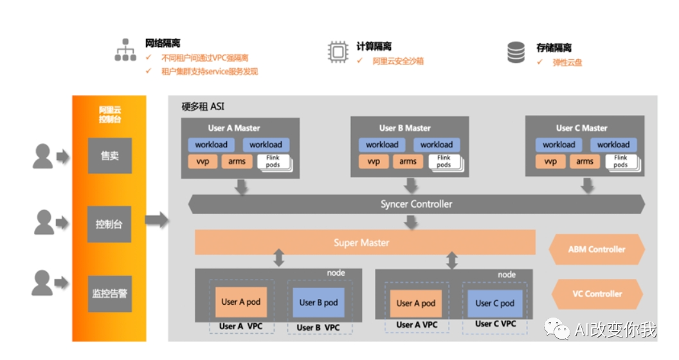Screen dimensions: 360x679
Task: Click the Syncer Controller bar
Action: coord(416,204)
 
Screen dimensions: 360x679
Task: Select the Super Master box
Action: coord(365,242)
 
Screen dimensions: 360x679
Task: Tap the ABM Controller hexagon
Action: coord(597,249)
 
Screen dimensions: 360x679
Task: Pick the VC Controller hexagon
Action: coord(597,294)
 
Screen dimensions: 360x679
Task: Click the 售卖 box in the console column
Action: coord(109,156)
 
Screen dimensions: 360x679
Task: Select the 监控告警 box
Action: coord(109,294)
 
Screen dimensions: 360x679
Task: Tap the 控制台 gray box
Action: coord(109,224)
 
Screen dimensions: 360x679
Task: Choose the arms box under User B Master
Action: coord(408,161)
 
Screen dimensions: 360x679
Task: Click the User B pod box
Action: coord(319,302)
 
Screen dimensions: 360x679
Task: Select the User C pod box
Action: coord(494,303)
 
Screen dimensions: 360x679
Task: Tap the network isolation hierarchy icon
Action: coord(125,50)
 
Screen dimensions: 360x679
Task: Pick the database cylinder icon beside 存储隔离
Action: coord(516,53)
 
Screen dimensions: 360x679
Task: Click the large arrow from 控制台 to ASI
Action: coord(156,221)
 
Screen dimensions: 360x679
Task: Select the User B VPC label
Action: coord(318,327)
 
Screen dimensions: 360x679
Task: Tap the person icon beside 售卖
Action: coord(43,156)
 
